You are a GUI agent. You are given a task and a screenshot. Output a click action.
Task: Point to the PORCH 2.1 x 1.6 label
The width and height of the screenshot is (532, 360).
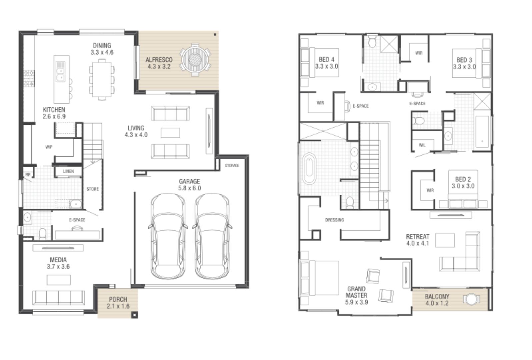(118, 303)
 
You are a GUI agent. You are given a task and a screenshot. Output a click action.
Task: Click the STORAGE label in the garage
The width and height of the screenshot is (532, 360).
(232, 166)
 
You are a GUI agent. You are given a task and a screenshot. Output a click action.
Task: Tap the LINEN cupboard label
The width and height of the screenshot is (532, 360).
(68, 171)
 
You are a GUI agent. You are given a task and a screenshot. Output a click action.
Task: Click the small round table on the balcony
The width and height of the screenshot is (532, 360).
(471, 299)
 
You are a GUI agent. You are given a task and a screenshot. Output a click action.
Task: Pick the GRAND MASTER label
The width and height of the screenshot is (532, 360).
(356, 295)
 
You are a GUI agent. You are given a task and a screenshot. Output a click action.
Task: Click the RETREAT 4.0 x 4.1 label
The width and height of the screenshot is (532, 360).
(418, 240)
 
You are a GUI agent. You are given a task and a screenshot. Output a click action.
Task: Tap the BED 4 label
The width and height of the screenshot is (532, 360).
(326, 63)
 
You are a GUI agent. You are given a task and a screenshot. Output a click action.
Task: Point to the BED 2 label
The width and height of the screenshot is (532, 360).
(463, 183)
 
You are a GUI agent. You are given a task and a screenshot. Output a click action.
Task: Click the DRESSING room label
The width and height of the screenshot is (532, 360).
(334, 220)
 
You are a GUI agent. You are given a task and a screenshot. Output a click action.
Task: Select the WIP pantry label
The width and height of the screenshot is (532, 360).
(49, 147)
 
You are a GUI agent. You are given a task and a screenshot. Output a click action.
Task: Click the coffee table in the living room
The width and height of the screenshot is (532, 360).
(170, 133)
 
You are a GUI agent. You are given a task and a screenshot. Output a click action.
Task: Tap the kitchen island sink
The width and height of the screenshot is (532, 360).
(61, 74)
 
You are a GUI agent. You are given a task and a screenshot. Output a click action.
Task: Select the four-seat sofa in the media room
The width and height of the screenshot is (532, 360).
(58, 297)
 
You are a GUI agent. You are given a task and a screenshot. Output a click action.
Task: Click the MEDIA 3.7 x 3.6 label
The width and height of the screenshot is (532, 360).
(58, 263)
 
